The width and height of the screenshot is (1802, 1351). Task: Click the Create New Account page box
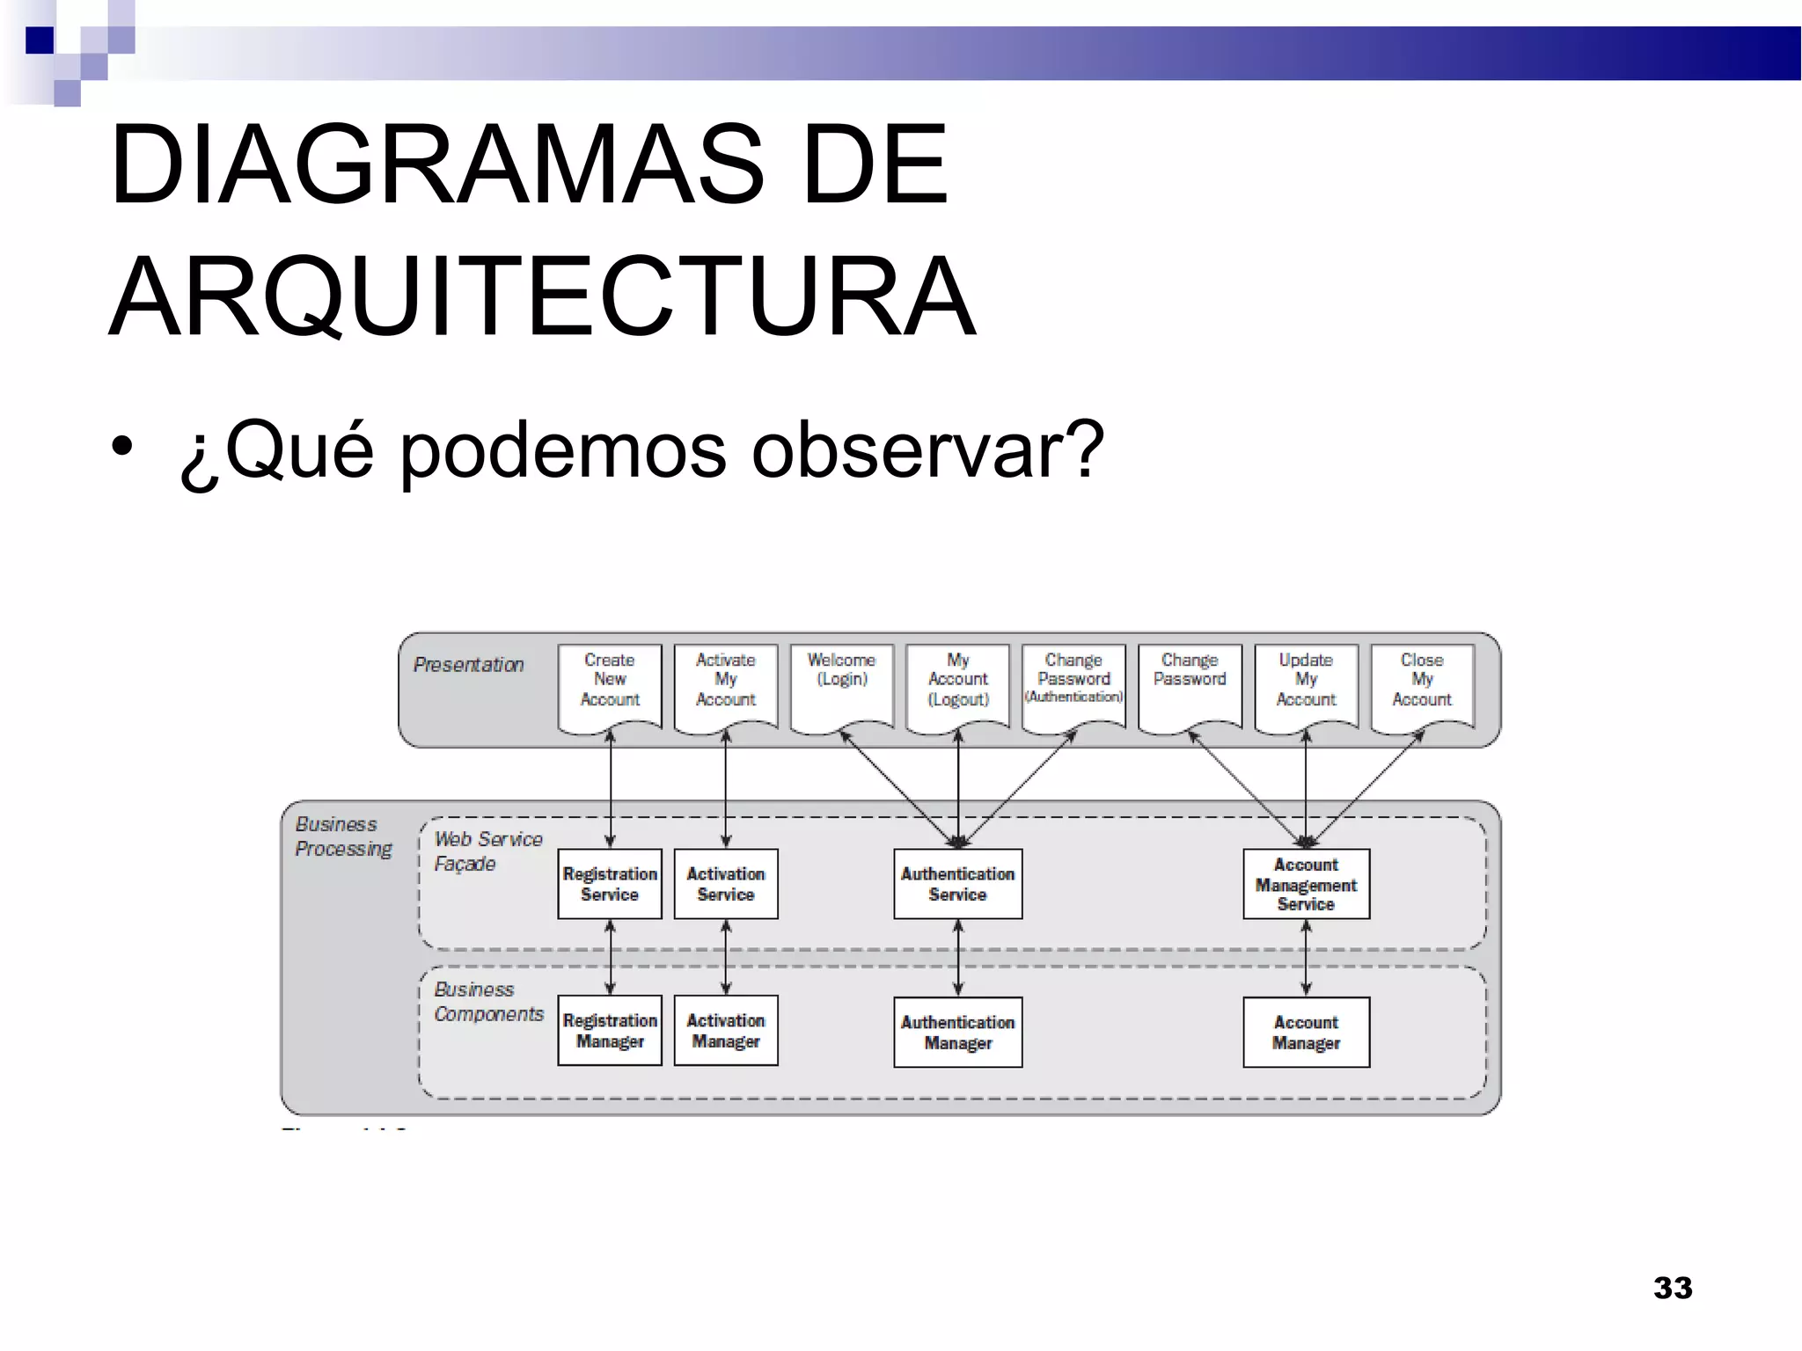[609, 681]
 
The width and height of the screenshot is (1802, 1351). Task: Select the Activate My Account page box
[725, 681]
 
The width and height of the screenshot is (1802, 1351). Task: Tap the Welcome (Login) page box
[841, 681]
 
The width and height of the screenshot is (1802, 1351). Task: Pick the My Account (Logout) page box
[957, 681]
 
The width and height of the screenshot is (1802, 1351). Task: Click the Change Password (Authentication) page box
[1073, 681]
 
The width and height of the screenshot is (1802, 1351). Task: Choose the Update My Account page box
[1306, 681]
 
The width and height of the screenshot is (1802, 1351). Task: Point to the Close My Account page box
[1422, 681]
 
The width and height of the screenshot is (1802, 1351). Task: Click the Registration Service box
[609, 884]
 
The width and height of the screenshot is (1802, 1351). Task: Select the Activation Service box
[725, 884]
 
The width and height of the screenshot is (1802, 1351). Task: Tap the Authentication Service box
[957, 884]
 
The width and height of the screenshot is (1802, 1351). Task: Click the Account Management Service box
[1306, 884]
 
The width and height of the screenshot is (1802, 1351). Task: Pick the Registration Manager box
[609, 1031]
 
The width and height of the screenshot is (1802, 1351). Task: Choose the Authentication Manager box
[957, 1033]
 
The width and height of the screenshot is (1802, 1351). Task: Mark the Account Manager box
[1306, 1033]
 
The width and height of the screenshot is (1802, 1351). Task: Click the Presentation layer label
[468, 665]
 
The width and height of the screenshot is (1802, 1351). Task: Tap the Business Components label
[488, 1002]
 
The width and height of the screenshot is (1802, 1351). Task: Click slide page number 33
[1673, 1288]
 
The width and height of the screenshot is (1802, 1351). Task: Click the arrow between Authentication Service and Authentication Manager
[957, 958]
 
